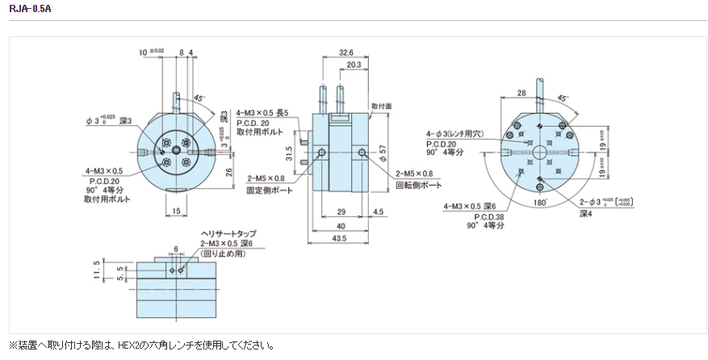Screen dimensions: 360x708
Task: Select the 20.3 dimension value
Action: pos(353,64)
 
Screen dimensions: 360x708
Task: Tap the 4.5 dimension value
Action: pos(379,212)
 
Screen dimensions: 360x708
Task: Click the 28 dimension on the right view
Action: pos(522,94)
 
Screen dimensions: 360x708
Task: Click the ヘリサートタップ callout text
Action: pos(228,235)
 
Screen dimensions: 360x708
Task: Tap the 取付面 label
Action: pos(381,106)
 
